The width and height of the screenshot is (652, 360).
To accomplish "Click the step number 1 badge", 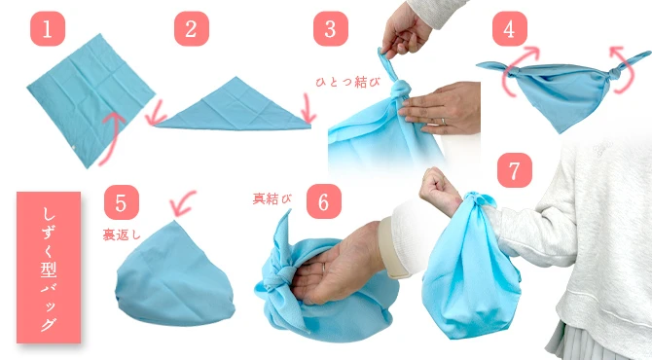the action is pos(48,28).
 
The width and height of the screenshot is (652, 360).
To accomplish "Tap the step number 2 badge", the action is pos(192,28).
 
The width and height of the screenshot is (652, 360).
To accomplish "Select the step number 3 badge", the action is pos(331,28).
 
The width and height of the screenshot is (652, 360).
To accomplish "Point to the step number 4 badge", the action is pos(510,28).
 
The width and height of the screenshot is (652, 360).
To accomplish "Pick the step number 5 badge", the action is pos(122,202).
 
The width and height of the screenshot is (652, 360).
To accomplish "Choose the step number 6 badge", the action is pos(324,201).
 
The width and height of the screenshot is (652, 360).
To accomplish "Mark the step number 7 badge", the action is pos(515,170).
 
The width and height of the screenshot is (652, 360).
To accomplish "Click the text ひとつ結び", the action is pos(348,82).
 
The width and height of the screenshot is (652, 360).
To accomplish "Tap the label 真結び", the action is pos(272,198).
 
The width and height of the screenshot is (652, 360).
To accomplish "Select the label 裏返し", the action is pos(122,234).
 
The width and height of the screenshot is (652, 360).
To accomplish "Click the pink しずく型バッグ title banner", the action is pos(49,268).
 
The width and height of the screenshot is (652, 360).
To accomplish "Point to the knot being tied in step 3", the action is pos(400,90).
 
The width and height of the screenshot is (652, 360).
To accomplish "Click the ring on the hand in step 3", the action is pos(443,122).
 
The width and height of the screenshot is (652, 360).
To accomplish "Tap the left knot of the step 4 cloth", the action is pos(512,73).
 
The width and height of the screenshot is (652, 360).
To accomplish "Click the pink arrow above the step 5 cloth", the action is pos(183,203).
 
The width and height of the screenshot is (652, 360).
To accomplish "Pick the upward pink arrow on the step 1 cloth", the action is pos(112,138).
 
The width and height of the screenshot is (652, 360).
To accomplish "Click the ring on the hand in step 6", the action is pos(323,268).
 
